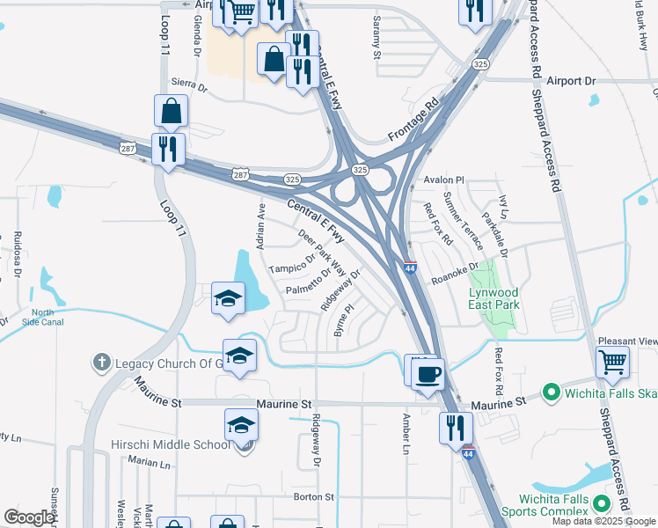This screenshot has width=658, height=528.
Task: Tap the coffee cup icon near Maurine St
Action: tap(428, 373)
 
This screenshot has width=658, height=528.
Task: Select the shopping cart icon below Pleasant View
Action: tap(612, 360)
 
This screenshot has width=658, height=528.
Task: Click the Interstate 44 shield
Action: tap(411, 268)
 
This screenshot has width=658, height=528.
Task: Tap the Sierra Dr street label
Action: tap(189, 88)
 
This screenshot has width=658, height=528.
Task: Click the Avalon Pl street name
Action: tap(443, 180)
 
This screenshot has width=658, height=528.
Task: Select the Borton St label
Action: tap(314, 497)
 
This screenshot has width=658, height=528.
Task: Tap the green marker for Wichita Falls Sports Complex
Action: tap(603, 504)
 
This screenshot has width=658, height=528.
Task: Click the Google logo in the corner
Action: tap(29, 517)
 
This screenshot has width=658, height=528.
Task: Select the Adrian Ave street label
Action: tap(260, 225)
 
